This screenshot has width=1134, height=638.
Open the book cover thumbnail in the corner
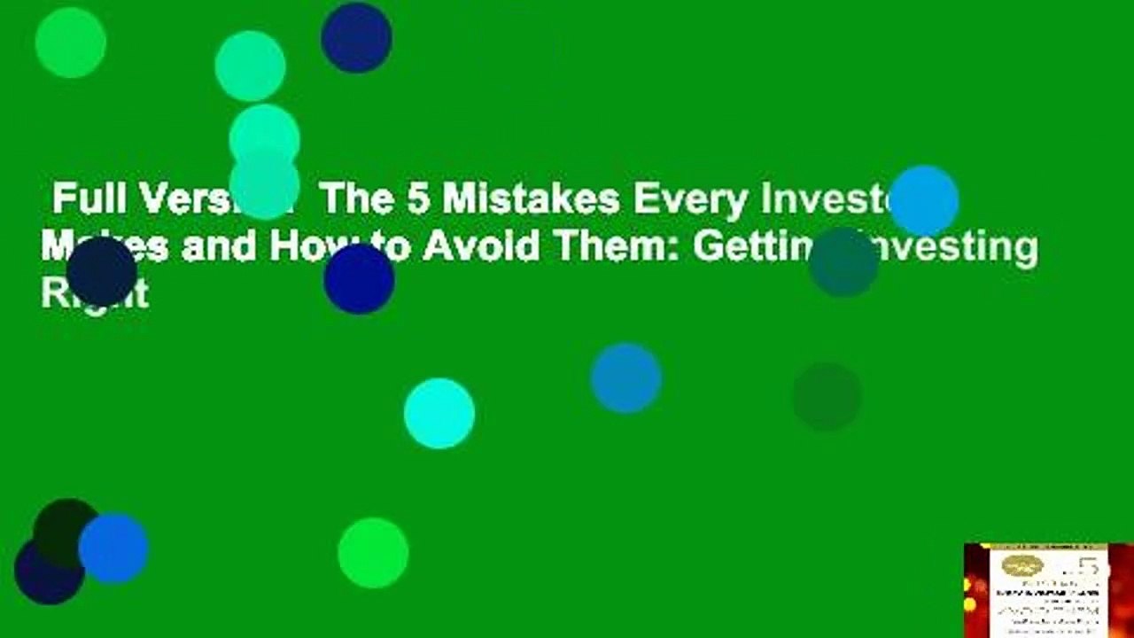(1048, 590)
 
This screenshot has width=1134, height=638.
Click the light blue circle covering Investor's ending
(923, 200)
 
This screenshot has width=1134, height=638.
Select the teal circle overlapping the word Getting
(843, 261)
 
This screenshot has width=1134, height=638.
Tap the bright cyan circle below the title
(439, 413)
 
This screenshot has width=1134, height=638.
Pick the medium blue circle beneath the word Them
(625, 378)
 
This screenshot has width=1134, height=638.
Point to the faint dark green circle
(827, 396)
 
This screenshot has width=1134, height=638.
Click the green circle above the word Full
(71, 42)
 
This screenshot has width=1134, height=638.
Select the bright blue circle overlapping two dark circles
(113, 549)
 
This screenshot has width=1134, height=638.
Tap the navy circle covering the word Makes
(102, 271)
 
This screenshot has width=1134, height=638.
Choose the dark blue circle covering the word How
(359, 278)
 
